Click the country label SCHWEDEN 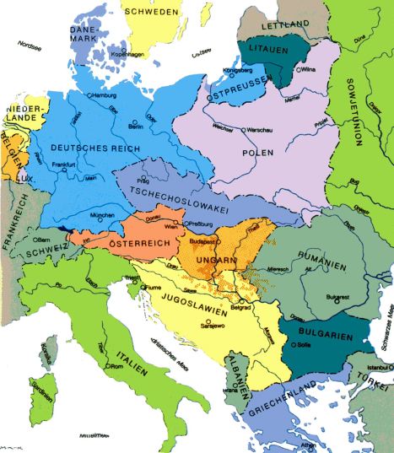click(x=151, y=12)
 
